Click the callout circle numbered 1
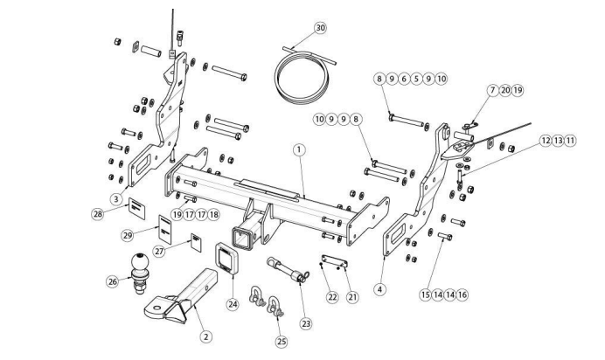[300, 149]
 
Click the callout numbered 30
[320, 28]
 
